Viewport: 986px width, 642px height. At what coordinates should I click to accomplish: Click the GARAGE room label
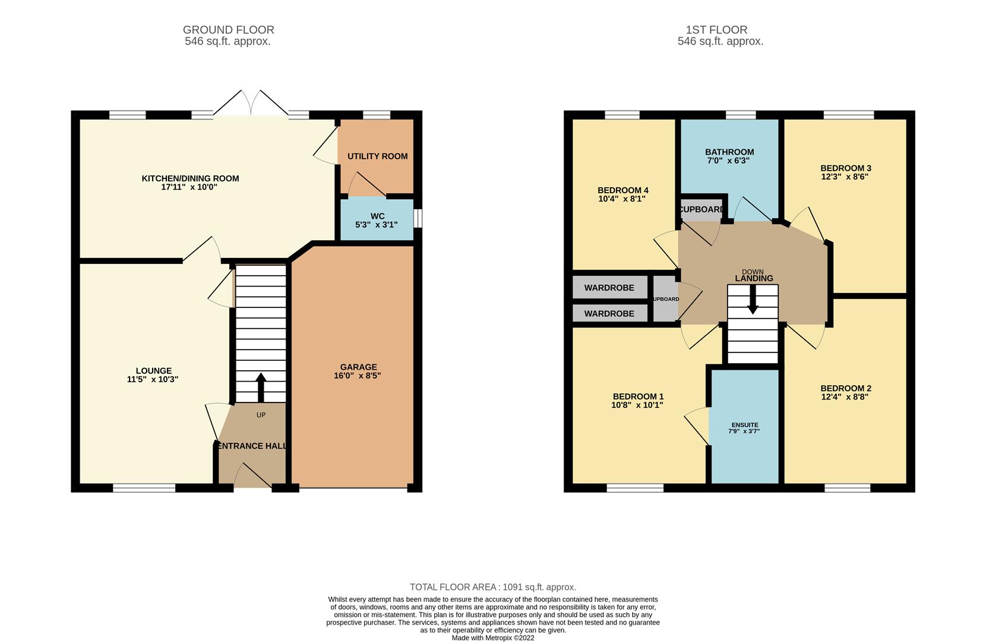click(x=358, y=367)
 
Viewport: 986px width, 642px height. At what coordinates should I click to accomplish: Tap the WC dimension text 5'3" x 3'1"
click(x=376, y=225)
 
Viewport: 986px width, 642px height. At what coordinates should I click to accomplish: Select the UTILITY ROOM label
click(x=377, y=156)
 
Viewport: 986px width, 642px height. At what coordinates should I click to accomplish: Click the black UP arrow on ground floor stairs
click(x=261, y=387)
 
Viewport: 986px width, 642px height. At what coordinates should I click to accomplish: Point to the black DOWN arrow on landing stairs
click(x=753, y=300)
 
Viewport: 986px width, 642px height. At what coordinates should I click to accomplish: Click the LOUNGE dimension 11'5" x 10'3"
click(x=153, y=379)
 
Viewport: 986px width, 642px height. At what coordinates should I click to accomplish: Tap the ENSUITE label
click(x=744, y=425)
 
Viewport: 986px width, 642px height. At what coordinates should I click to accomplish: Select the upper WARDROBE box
click(x=609, y=288)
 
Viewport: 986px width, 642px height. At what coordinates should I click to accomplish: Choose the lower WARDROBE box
click(x=609, y=313)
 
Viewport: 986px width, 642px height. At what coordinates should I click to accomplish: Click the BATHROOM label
click(x=729, y=152)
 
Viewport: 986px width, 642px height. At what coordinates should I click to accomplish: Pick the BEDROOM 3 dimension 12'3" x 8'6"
click(x=845, y=177)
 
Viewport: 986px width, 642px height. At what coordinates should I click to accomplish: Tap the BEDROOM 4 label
click(x=622, y=190)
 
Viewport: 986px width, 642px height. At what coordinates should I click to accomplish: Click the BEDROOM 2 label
click(x=846, y=388)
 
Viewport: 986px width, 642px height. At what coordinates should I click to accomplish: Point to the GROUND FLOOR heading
click(x=228, y=30)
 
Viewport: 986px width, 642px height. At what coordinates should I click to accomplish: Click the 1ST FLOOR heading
click(x=716, y=30)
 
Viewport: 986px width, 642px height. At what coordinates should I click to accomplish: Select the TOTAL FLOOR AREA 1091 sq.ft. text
click(x=493, y=587)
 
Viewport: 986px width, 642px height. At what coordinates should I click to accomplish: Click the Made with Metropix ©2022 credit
click(x=493, y=638)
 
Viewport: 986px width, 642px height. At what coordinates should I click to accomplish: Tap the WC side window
click(x=418, y=218)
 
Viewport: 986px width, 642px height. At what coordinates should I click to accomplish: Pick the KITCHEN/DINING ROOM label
click(x=190, y=178)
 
